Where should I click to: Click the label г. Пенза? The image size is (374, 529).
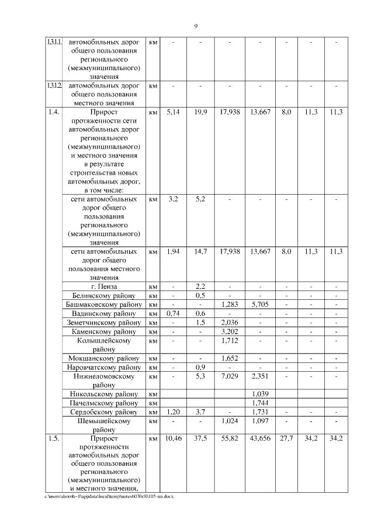(105, 286)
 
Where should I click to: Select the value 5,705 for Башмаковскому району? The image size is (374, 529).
(260, 305)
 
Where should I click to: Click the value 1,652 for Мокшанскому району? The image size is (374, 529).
(230, 358)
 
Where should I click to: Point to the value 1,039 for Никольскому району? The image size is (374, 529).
(260, 394)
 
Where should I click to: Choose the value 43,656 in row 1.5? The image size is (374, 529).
(260, 438)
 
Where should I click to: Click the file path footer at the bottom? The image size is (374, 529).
(110, 496)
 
